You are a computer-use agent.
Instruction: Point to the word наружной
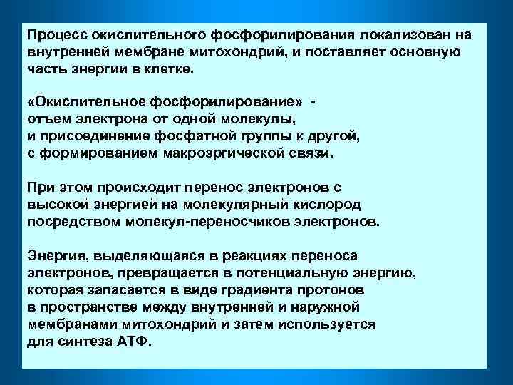pos(322,307)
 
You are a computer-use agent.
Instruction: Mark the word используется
pos(328,324)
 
